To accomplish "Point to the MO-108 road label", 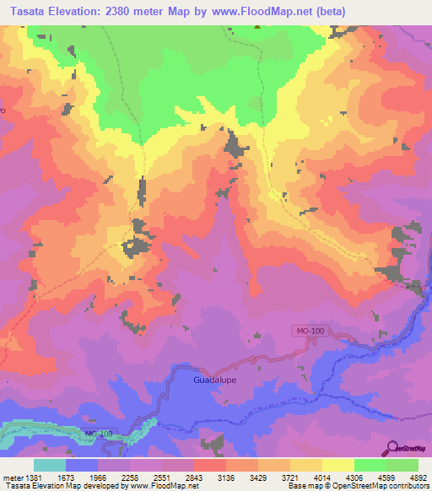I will coord(98,434).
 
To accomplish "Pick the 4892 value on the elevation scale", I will coord(418,478).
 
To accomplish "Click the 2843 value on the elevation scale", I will coord(193,478).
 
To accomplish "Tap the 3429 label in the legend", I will coord(257,478).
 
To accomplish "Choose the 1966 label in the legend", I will coord(98,478).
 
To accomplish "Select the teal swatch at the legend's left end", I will coord(50,465).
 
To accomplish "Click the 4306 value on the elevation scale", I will coord(354,478).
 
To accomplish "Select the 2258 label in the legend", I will coord(130,478).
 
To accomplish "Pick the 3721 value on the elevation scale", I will coord(289,478).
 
